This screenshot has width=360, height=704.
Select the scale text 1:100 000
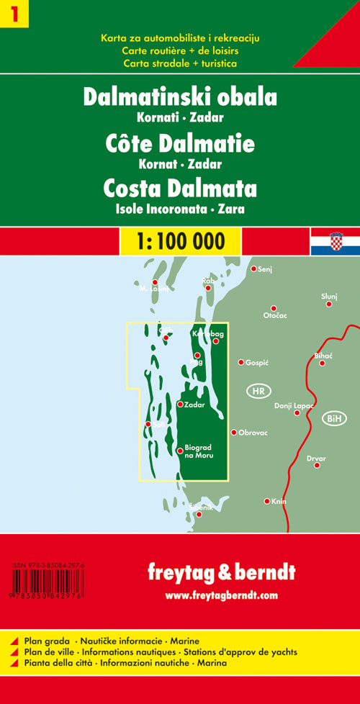tap(179, 239)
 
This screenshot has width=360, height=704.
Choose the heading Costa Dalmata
tap(180, 189)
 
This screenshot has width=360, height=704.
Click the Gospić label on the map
tap(256, 363)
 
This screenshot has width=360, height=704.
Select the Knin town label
tap(279, 501)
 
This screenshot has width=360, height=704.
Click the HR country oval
tap(259, 392)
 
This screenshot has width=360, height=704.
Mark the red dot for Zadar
tap(180, 404)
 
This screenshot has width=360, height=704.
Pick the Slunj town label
tap(329, 296)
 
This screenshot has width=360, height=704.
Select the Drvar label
tap(316, 459)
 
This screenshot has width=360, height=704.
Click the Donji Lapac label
tap(294, 406)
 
